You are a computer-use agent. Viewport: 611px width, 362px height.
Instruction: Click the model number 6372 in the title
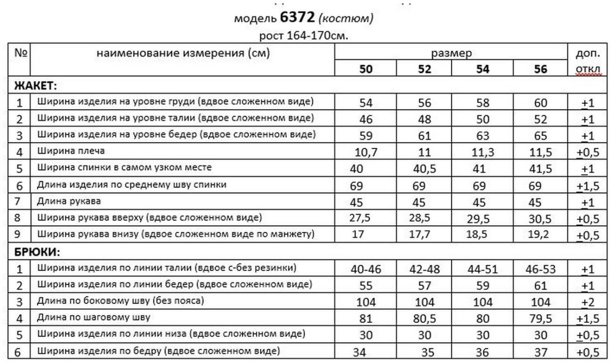[296, 19]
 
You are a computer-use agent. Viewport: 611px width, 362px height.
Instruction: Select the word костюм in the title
[345, 19]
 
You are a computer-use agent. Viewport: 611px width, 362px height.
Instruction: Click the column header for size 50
[366, 69]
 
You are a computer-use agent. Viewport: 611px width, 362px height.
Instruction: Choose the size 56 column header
[541, 69]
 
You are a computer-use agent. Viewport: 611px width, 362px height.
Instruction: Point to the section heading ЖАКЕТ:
[35, 85]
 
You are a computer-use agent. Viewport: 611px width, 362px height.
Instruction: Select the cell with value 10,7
[366, 152]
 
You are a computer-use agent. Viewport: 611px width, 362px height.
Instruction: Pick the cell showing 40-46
[366, 269]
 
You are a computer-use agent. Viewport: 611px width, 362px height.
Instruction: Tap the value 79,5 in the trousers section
[541, 319]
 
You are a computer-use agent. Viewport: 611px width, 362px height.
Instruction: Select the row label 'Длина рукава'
[69, 201]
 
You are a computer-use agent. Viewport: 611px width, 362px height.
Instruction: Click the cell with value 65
[541, 136]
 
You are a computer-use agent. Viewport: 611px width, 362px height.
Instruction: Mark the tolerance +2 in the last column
[588, 303]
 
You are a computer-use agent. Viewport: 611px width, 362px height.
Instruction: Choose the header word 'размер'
[452, 53]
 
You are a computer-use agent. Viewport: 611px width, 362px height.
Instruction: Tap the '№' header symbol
[21, 52]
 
